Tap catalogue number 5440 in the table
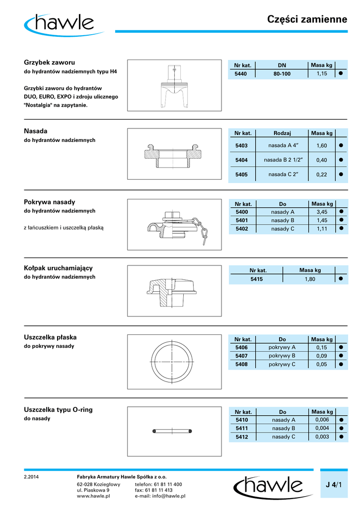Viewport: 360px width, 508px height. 241,74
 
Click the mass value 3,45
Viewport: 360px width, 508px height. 321,212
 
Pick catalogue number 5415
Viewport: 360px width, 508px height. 256,279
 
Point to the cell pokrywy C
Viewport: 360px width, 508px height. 282,364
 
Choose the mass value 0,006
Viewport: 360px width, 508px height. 322,420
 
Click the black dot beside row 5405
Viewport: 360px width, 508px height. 341,175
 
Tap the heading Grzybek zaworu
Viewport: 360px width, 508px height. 49,63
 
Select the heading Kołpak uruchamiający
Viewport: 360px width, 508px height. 59,268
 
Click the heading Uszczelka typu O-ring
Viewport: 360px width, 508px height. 58,410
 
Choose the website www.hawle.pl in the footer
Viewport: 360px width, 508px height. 93,496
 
